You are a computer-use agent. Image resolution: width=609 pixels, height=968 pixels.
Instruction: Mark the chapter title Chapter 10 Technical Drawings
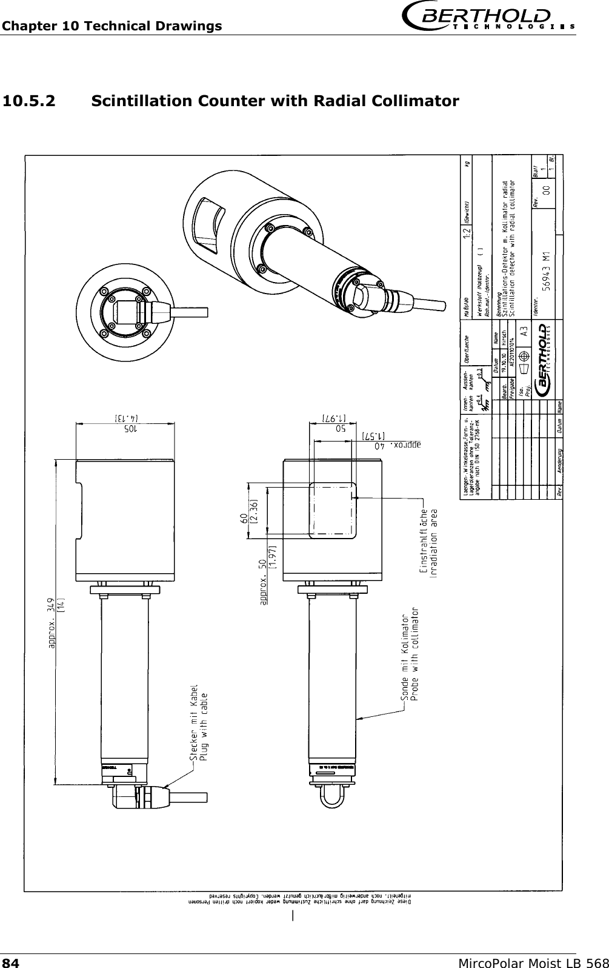click(111, 26)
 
